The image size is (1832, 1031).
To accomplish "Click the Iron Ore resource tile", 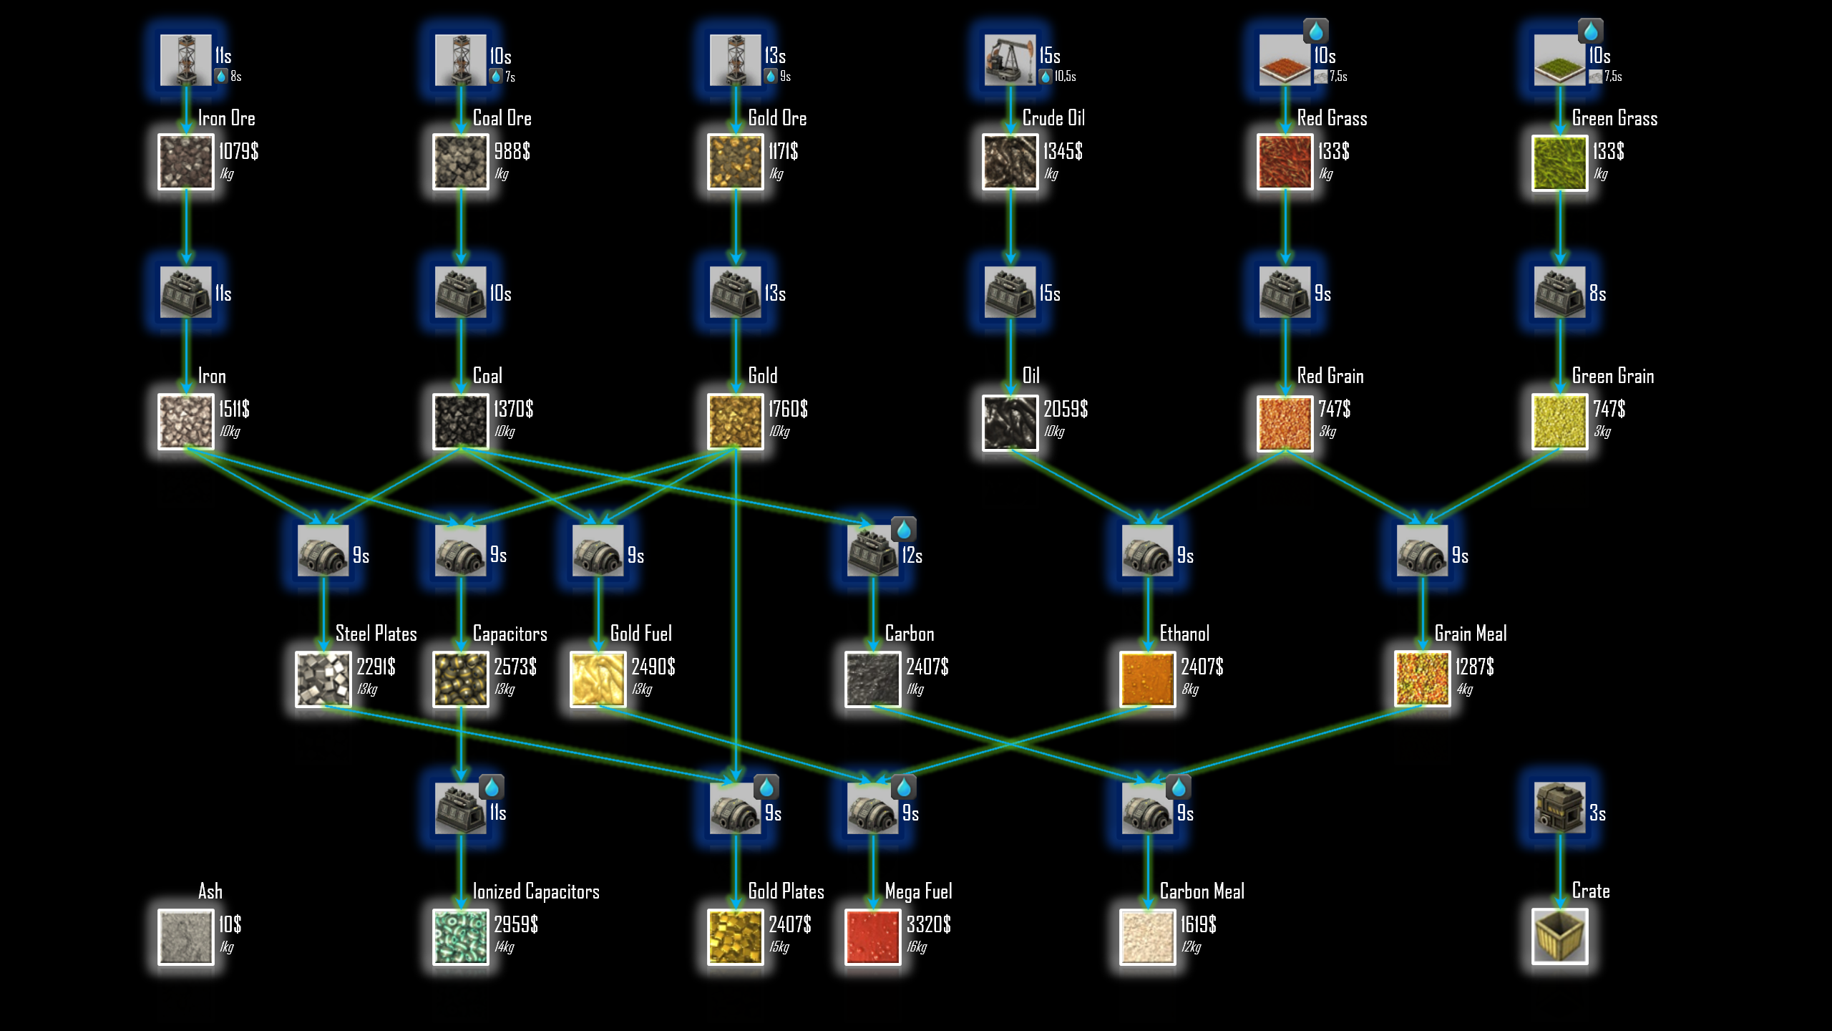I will click(x=186, y=163).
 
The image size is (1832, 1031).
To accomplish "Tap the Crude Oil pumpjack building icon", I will click(x=1010, y=60).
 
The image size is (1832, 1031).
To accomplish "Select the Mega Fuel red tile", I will click(x=872, y=936).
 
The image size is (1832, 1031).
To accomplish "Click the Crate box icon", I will click(x=1560, y=936).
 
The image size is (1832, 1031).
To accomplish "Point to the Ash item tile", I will click(x=186, y=936).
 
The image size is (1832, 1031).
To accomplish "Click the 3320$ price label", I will click(x=928, y=924).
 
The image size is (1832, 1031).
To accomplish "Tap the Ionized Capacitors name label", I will click(x=536, y=891).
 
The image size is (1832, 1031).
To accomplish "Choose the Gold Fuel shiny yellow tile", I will click(x=598, y=679).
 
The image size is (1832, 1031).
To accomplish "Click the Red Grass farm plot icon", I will click(x=1285, y=60).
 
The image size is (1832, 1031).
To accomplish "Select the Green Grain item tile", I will click(x=1560, y=421).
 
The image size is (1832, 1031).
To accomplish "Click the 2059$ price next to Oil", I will click(x=1066, y=409).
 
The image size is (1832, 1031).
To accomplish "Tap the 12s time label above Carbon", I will click(x=912, y=556).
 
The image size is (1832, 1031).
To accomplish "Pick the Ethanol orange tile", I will click(x=1148, y=679).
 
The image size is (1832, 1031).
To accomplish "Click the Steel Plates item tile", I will click(x=323, y=679).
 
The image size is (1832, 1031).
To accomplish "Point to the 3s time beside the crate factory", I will click(x=1597, y=813).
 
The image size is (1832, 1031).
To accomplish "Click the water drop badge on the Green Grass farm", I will click(x=1590, y=32).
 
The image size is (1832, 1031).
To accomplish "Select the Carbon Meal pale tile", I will click(x=1148, y=936).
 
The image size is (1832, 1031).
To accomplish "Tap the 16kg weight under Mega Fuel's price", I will click(x=917, y=947).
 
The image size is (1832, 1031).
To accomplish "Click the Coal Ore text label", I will click(x=502, y=118).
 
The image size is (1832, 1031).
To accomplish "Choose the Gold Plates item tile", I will click(x=735, y=936).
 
